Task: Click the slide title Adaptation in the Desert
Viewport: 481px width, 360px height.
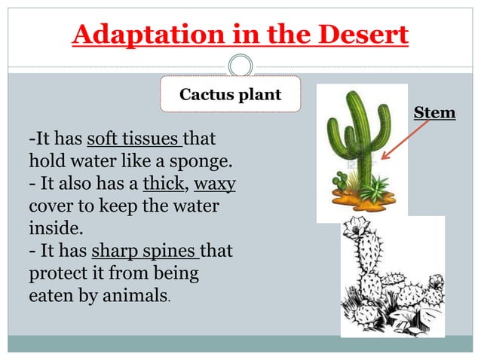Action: (x=240, y=35)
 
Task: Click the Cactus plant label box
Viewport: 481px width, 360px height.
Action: (x=229, y=95)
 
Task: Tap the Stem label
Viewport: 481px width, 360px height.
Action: (x=435, y=113)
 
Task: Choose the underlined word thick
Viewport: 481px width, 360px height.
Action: (x=158, y=184)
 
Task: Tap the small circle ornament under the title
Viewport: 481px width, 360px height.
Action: (x=240, y=65)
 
